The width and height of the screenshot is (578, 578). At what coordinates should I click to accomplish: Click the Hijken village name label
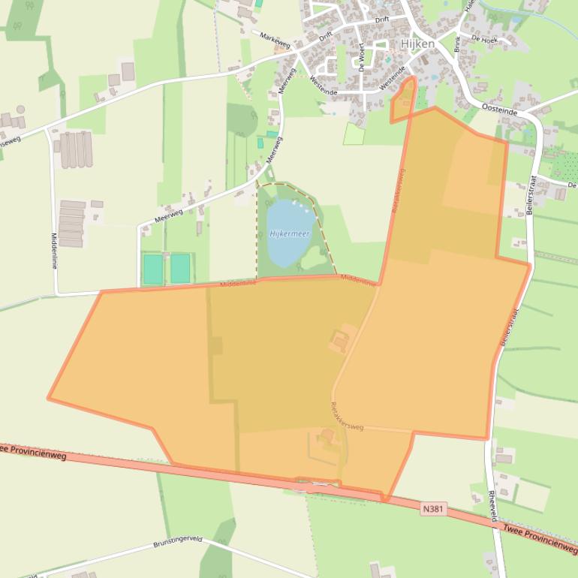click(417, 44)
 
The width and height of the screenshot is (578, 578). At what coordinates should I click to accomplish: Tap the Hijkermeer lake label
click(289, 234)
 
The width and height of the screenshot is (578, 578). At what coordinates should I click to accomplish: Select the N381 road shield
click(433, 509)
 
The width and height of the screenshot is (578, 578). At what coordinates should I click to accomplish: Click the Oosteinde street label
click(501, 109)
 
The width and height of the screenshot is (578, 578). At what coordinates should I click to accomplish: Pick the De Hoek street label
click(485, 38)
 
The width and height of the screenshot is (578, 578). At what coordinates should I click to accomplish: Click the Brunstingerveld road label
click(178, 541)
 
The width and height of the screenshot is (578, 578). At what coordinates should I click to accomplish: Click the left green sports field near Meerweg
click(153, 269)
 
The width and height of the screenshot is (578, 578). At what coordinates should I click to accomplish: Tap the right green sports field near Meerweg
click(180, 268)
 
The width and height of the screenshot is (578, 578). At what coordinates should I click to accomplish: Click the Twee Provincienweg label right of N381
click(540, 538)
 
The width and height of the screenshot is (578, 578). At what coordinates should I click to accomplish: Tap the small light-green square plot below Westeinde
click(354, 134)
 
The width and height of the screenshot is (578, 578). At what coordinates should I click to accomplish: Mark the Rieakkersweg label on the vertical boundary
click(398, 190)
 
